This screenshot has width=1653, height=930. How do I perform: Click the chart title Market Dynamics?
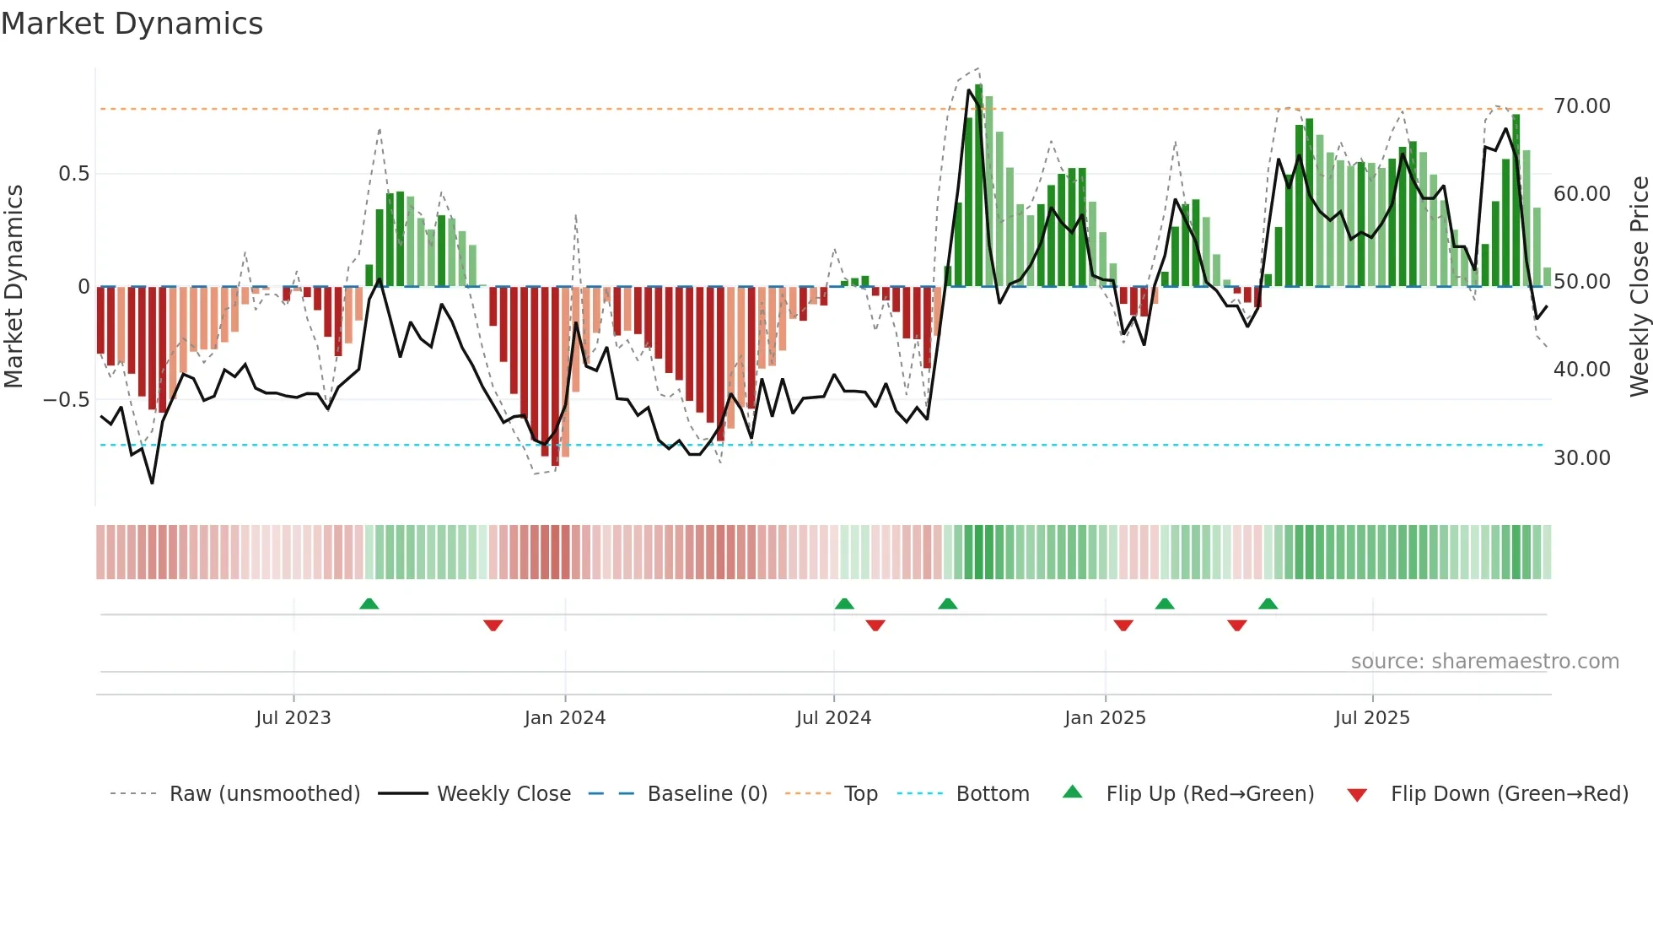[132, 24]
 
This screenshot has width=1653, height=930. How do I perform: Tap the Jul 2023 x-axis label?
[293, 718]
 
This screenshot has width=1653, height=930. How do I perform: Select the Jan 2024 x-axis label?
[565, 718]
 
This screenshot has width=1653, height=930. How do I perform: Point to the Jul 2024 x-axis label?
[833, 718]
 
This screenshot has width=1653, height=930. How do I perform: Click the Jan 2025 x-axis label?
[1105, 718]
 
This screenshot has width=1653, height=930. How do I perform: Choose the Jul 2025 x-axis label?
[1372, 718]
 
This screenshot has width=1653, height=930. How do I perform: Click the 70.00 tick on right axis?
[1582, 106]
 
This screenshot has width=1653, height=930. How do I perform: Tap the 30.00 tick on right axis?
[1582, 458]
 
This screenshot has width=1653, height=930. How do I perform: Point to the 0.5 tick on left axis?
[73, 174]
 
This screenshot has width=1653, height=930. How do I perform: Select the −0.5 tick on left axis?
[67, 400]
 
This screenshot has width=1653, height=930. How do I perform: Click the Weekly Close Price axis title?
[1639, 286]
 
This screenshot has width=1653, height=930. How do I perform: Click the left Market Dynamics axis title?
[13, 286]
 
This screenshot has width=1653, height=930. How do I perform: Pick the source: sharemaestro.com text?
[1484, 662]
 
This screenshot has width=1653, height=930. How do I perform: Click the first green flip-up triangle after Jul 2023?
[369, 603]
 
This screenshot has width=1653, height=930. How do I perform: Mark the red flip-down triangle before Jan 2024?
[493, 625]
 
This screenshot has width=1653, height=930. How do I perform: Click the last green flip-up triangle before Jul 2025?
[1268, 603]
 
